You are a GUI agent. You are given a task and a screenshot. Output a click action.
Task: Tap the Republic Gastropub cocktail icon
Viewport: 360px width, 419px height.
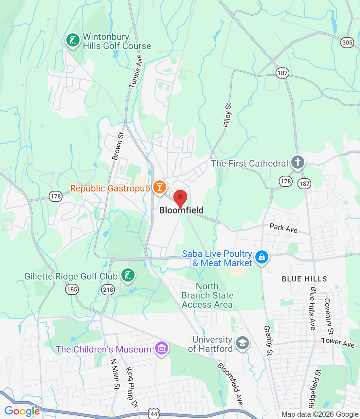click(x=159, y=187)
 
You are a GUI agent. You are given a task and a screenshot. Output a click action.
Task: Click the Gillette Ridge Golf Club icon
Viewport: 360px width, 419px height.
click(x=128, y=275)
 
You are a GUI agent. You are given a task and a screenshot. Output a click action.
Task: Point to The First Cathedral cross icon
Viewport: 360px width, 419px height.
click(x=297, y=162)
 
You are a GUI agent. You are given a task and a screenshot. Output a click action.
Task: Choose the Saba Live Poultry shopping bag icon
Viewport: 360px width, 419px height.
click(x=261, y=257)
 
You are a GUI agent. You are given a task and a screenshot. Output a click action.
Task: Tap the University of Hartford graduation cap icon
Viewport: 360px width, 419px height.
click(x=242, y=343)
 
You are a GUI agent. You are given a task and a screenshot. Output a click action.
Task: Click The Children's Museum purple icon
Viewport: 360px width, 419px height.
click(x=162, y=348)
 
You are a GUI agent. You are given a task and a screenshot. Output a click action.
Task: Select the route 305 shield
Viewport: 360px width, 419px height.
click(x=347, y=42)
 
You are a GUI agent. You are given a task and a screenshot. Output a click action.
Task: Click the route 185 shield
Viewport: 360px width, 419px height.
click(x=72, y=289)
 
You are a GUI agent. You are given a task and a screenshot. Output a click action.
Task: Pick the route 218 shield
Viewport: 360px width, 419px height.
click(x=108, y=289)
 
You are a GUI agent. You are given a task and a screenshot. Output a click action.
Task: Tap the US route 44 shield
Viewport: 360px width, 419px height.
click(x=153, y=414)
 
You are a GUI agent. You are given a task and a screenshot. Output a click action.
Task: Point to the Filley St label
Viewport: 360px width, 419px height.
click(x=227, y=115)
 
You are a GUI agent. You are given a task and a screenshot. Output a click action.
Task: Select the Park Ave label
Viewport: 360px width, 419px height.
click(x=283, y=228)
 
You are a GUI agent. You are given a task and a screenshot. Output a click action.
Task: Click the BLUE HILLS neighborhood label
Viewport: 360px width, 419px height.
click(x=304, y=279)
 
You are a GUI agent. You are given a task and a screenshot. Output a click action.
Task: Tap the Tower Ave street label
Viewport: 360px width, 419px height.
click(x=338, y=342)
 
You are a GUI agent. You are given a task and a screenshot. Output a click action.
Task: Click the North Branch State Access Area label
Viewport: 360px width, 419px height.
click(x=207, y=296)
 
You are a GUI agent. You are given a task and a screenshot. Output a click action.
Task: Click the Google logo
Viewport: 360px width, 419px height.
click(x=22, y=411)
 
